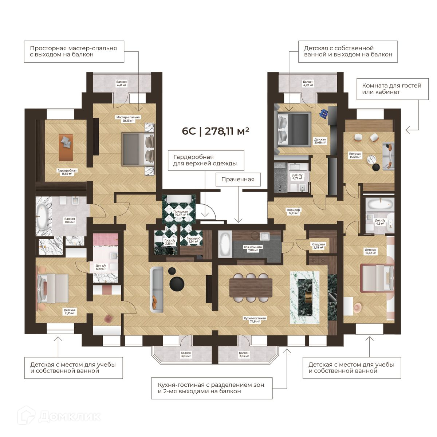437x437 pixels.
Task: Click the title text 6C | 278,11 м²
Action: tap(216, 131)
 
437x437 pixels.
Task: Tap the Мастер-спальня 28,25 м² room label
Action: tap(128, 119)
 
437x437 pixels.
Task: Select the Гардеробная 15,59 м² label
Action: tap(67, 172)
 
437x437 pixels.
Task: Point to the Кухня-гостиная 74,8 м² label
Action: tap(255, 320)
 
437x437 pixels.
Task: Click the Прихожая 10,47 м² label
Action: tap(181, 213)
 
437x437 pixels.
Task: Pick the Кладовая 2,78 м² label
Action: tap(318, 246)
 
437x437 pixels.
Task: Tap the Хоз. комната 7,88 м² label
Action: tap(253, 249)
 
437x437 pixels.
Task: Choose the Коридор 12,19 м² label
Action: tap(294, 211)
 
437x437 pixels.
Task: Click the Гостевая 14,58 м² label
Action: tap(355, 155)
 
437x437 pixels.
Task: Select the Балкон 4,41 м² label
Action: tap(122, 83)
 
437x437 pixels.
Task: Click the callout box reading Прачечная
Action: tap(238, 180)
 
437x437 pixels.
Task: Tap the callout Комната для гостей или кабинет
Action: tap(393, 89)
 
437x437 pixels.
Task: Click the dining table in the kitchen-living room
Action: tap(251, 288)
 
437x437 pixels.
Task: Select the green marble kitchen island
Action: tap(305, 298)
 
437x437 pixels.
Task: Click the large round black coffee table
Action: tap(177, 284)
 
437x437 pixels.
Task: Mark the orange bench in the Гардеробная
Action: tap(66, 147)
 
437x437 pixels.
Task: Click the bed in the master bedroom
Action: tap(138, 149)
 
